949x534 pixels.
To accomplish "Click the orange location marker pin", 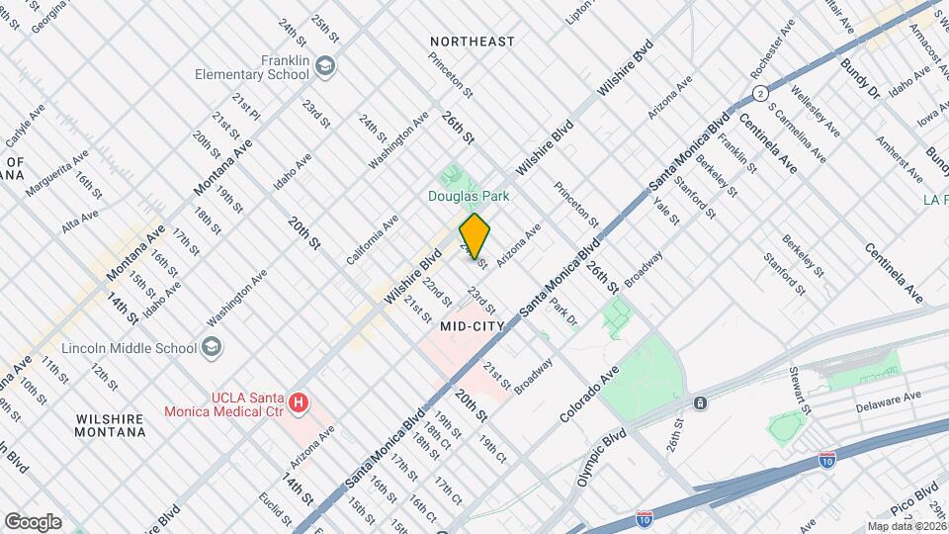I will tap(474, 236).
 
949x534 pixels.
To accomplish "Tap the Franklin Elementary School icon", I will tap(327, 66).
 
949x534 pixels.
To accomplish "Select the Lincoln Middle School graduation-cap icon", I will tap(213, 347).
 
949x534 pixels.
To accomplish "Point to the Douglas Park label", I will tap(469, 196).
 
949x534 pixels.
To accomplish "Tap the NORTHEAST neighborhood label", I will tap(472, 42).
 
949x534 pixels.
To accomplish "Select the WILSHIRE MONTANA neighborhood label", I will tap(110, 425).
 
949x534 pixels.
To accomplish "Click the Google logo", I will tap(33, 521).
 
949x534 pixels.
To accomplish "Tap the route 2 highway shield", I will tap(759, 93).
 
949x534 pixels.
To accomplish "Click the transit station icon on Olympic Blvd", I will tap(700, 403).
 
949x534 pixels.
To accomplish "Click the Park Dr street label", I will tap(563, 311).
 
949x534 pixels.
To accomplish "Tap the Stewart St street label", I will tap(800, 391).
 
